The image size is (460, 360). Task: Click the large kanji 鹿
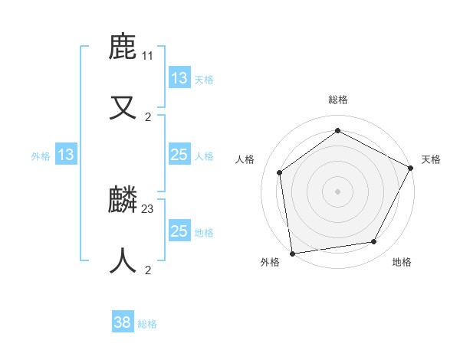(123, 47)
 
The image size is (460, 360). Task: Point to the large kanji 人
(123, 261)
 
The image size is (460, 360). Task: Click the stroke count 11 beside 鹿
(148, 56)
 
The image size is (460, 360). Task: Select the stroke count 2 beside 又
(148, 117)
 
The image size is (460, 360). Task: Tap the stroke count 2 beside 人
(148, 270)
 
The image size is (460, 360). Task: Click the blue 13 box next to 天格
(179, 78)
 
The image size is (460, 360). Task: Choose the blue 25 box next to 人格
(179, 155)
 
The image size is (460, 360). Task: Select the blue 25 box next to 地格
(179, 231)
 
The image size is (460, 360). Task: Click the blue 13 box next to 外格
(66, 155)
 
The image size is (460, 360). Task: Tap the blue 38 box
(123, 322)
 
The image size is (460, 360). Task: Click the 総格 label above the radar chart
(338, 100)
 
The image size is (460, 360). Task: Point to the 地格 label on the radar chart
(402, 262)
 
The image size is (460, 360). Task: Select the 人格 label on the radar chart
(245, 159)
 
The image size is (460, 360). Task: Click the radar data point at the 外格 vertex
(292, 253)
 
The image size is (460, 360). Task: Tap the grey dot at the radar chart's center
(338, 191)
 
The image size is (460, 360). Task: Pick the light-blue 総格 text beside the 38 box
(147, 324)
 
